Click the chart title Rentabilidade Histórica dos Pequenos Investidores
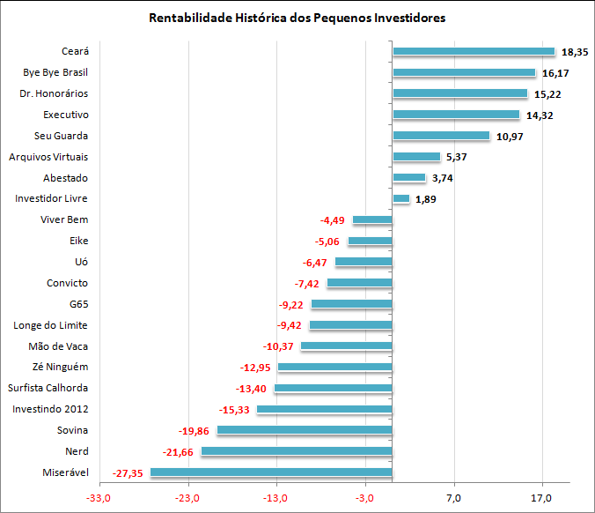pos(297,18)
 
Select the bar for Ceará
pos(474,51)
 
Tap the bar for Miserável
pos(271,472)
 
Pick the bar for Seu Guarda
pos(441,136)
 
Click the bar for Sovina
pos(305,430)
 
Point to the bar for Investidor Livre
pos(400,199)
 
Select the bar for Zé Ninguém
pos(334,367)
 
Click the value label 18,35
pos(575,52)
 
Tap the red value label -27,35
pos(129,473)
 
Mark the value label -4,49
pos(331,220)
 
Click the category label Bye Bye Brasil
pos(55,72)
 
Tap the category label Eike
pos(78,241)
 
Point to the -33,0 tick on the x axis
pos(98,501)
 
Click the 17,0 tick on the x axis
pos(542,501)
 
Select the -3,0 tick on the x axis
pos(364,501)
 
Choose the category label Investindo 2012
pos(50,409)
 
